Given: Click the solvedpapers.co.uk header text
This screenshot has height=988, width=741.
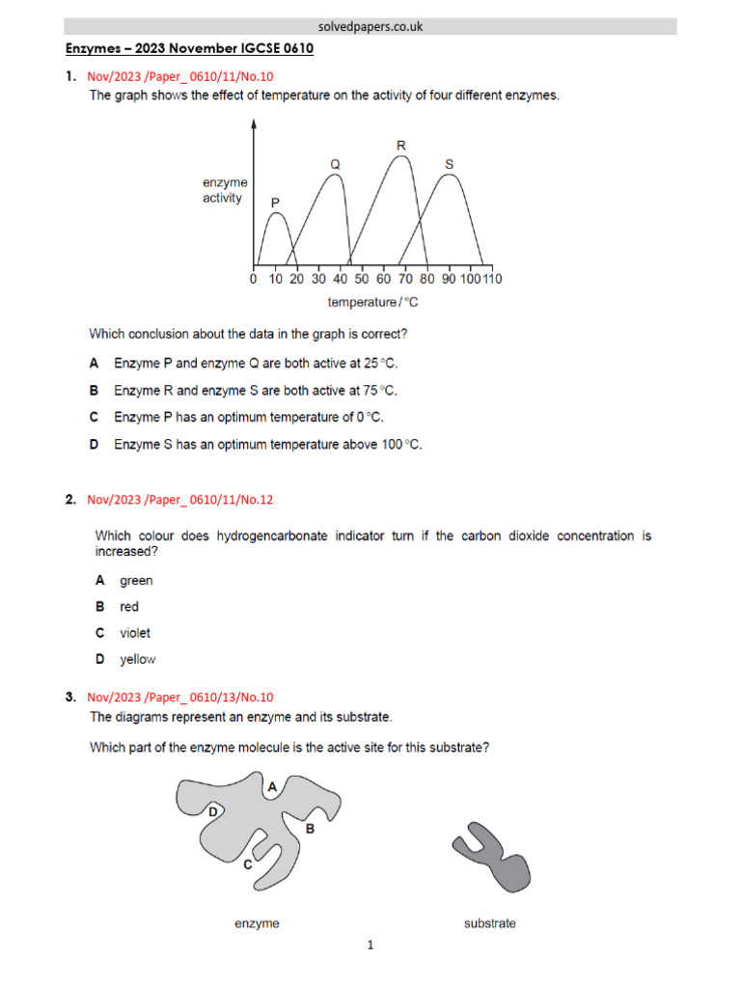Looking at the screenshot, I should [x=370, y=27].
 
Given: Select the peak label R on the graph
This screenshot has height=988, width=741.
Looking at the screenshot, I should [x=401, y=146].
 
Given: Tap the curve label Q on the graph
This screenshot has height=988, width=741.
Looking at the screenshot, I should [x=335, y=164].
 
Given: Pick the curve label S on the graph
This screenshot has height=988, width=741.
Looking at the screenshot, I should [x=449, y=164].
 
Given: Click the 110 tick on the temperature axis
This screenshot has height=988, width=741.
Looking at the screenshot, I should [x=492, y=280].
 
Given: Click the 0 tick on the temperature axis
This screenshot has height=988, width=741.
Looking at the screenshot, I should [x=253, y=280].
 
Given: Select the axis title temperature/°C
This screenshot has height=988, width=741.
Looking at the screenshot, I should [x=372, y=302].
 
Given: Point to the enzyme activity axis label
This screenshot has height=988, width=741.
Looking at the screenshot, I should [x=224, y=190].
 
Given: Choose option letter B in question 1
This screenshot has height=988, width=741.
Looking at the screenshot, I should [x=95, y=391].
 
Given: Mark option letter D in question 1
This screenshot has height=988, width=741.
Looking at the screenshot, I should [x=95, y=445].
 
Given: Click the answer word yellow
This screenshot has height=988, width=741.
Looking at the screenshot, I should [x=137, y=660].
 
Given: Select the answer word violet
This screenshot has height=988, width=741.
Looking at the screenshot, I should [x=135, y=633].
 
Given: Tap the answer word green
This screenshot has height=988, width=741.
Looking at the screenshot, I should [x=136, y=581].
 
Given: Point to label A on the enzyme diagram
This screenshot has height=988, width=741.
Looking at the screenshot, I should [x=272, y=787].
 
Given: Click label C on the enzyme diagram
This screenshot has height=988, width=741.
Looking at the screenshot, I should [x=247, y=865].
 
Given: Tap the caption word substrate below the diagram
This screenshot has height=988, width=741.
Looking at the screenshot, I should [x=489, y=923].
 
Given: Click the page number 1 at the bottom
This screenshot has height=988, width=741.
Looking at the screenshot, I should [x=370, y=947].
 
